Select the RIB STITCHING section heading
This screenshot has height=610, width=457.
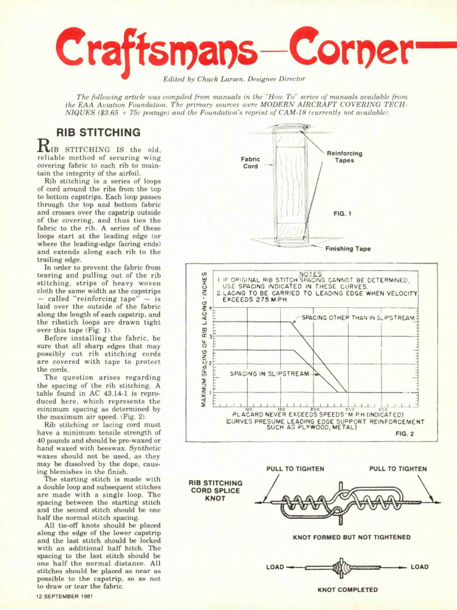point(98,132)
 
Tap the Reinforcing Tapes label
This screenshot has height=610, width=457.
point(344,157)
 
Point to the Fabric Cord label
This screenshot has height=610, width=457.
point(251,163)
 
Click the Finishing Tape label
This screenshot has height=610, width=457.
point(348,249)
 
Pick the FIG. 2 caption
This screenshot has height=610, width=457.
point(405,434)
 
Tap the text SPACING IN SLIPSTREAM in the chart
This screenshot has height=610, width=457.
point(270,374)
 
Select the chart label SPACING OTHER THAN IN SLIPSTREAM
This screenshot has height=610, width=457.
point(358,318)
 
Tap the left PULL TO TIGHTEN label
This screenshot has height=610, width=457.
point(295,469)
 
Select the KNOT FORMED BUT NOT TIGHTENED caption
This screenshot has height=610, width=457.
point(351,537)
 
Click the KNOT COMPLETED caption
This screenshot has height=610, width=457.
point(348,590)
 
